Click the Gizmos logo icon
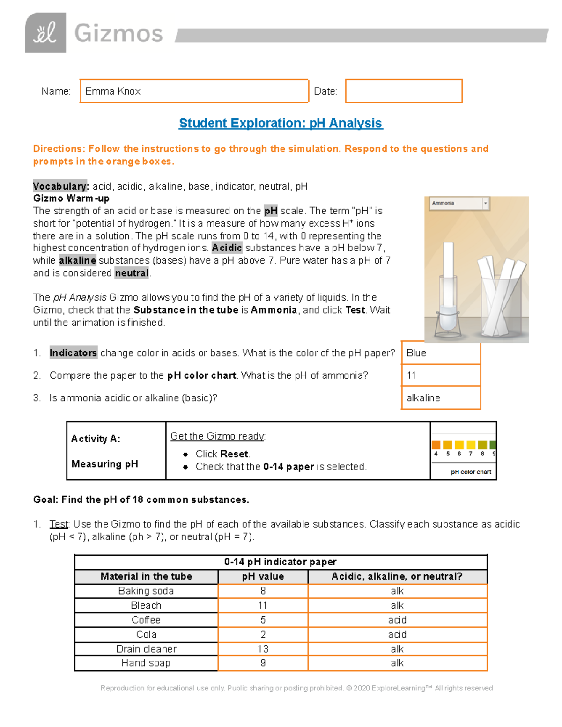[45, 33]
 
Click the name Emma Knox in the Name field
[113, 91]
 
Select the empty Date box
[403, 91]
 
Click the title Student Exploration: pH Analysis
[281, 123]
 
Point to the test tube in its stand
[448, 290]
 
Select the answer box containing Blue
[441, 353]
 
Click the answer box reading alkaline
[441, 398]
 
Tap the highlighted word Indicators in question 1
[74, 353]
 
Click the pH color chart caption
[471, 472]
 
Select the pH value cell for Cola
[263, 634]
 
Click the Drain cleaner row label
[146, 649]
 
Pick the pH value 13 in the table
[263, 649]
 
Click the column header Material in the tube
[146, 576]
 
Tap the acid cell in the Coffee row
[397, 620]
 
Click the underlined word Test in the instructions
[59, 524]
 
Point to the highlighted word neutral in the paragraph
[132, 273]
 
